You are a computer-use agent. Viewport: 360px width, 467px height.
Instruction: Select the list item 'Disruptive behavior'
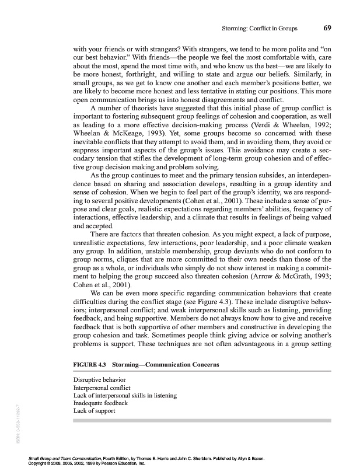91,381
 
